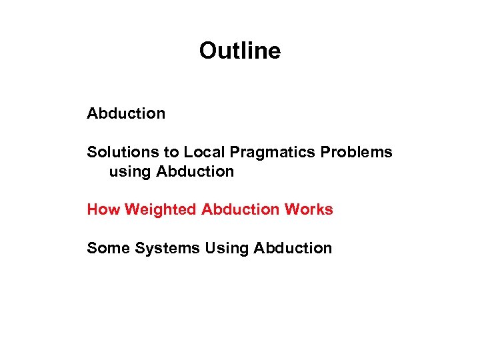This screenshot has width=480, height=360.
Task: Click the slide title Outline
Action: point(240,51)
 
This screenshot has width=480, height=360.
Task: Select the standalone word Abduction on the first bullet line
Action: point(126,113)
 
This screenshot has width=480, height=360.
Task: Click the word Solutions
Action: point(115,152)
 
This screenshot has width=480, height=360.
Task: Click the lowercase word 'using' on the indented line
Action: point(130,172)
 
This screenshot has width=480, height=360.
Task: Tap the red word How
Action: point(103,209)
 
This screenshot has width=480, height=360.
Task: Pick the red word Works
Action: point(308,209)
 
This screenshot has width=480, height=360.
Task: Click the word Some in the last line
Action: point(108,248)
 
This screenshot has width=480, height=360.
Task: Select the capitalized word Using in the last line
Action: point(227,249)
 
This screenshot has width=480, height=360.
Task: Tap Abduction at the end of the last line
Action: point(292,248)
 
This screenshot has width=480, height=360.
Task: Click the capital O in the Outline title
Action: point(207,51)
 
